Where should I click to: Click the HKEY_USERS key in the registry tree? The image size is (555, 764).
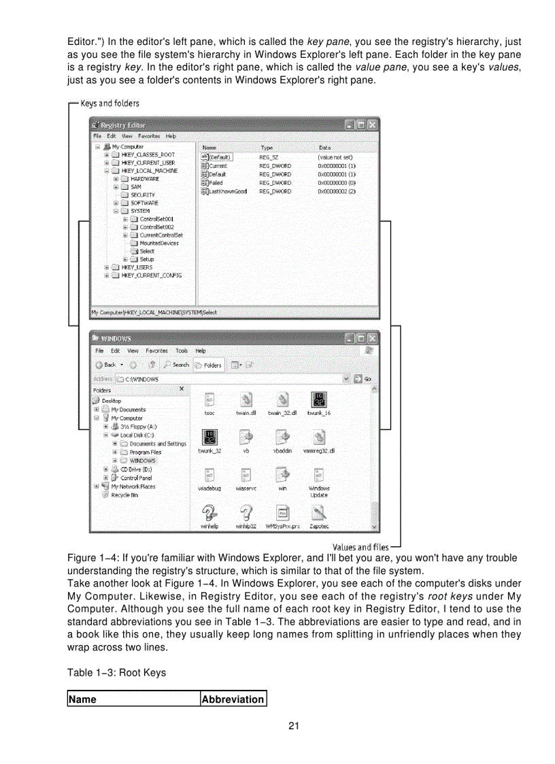137,267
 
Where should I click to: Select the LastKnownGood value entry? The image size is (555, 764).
227,192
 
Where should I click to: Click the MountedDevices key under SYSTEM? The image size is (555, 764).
159,243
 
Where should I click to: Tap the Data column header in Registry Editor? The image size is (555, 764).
325,147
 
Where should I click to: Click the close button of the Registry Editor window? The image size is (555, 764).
373,125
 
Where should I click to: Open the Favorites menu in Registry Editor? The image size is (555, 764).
150,136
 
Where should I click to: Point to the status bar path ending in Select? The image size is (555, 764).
154,312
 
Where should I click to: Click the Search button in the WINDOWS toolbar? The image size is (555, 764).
176,365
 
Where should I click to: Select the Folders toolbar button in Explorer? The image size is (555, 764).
208,365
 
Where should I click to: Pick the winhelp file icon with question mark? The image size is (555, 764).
209,512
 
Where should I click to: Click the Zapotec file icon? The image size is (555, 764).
319,512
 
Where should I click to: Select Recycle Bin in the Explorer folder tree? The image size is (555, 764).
124,495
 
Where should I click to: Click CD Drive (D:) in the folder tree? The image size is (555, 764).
136,469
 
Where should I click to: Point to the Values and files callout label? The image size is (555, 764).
360,547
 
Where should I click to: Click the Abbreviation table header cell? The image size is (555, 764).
233,699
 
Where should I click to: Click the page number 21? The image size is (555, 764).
294,725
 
